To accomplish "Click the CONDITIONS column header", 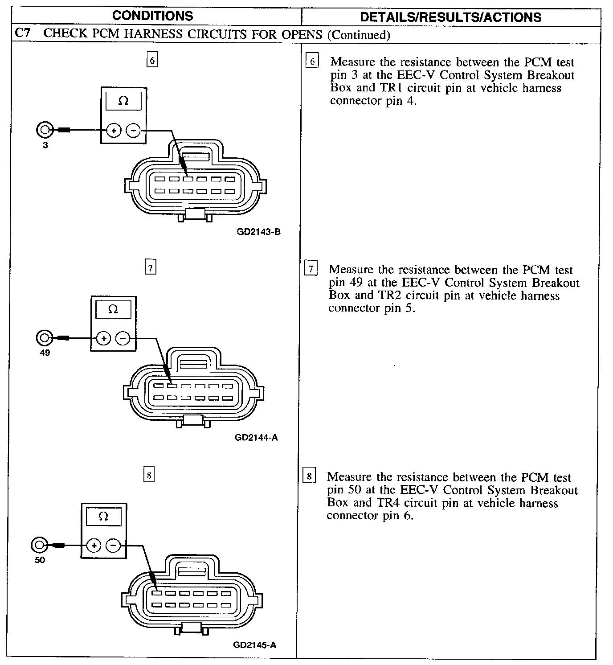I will pos(152,16).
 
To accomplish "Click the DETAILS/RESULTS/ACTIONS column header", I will pos(450,17).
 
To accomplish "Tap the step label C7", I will pos(23,34).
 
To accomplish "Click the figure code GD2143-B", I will pos(259,232).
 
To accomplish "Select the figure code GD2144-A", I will pos(256,437).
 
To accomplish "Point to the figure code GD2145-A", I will pos(254,645).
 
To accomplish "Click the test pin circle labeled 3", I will pos(45,130).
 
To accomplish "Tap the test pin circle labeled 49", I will pos(44,338).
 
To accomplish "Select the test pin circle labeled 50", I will pos(39,545).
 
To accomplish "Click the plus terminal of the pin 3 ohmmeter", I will pos(114,131).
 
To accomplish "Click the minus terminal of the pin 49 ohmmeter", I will pos(123,338).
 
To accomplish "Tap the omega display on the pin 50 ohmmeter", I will pos(103,517).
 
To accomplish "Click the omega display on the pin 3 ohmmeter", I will pos(123,101).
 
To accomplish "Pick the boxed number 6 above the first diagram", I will pos(152,60).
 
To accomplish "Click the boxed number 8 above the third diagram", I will pos(148,476).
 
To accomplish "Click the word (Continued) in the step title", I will pos(359,35).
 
